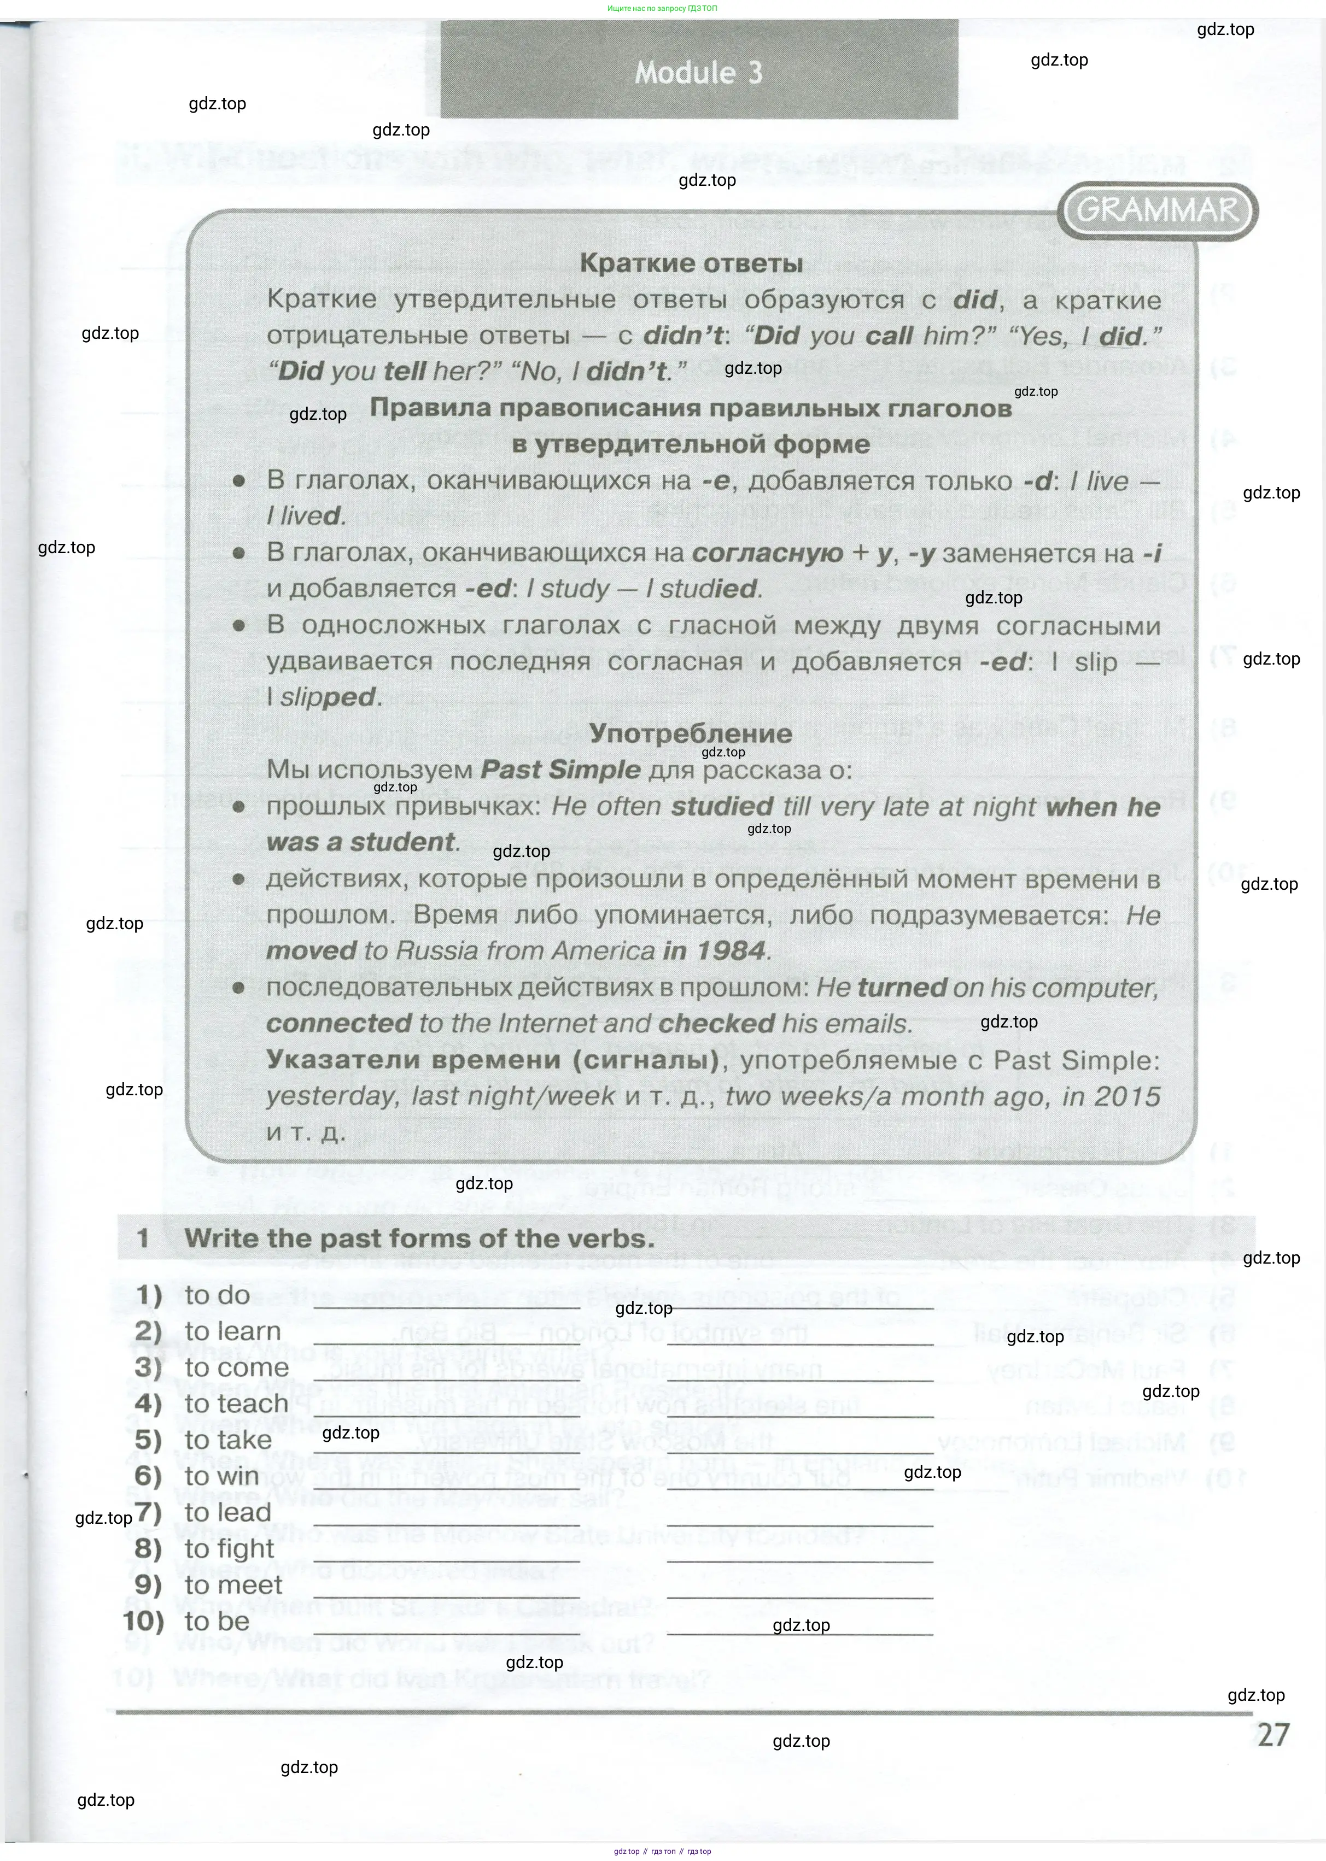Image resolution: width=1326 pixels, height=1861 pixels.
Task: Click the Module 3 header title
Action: click(698, 73)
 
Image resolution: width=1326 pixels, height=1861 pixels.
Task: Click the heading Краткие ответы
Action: click(691, 263)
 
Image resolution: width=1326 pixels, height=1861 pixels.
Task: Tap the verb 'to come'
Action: click(236, 1367)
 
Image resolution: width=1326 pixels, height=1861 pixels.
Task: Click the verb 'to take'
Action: click(228, 1440)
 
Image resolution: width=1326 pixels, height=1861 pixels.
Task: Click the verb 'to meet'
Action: click(233, 1584)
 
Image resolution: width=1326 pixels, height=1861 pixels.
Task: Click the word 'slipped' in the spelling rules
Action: click(328, 697)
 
